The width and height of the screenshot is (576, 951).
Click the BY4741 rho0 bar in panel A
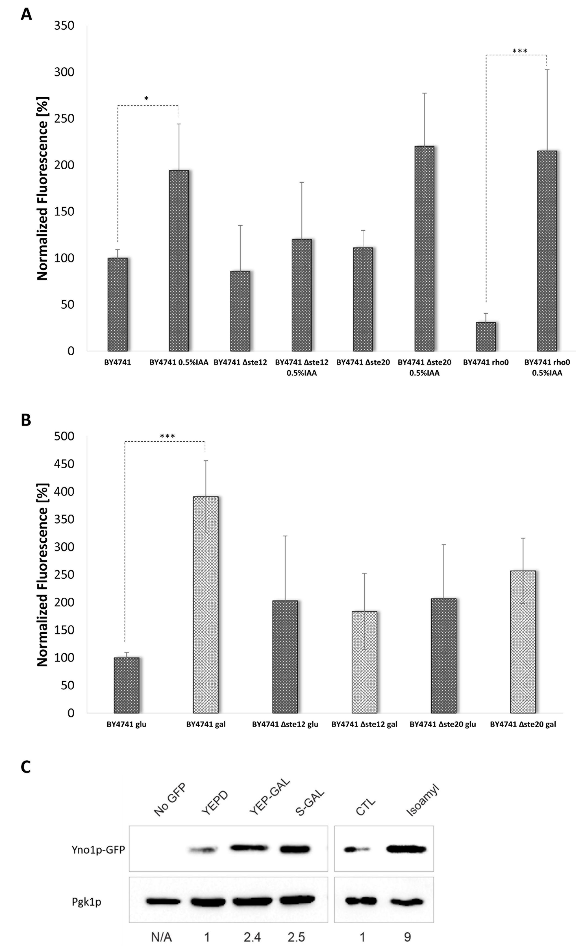click(485, 337)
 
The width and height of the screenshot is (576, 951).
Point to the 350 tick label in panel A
click(64, 26)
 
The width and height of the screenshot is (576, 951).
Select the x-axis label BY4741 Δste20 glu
click(442, 724)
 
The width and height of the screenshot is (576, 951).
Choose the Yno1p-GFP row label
click(98, 849)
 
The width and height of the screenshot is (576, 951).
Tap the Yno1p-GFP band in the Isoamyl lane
click(406, 849)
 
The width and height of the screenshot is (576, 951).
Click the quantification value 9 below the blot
click(407, 937)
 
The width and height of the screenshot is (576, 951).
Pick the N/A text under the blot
click(161, 937)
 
